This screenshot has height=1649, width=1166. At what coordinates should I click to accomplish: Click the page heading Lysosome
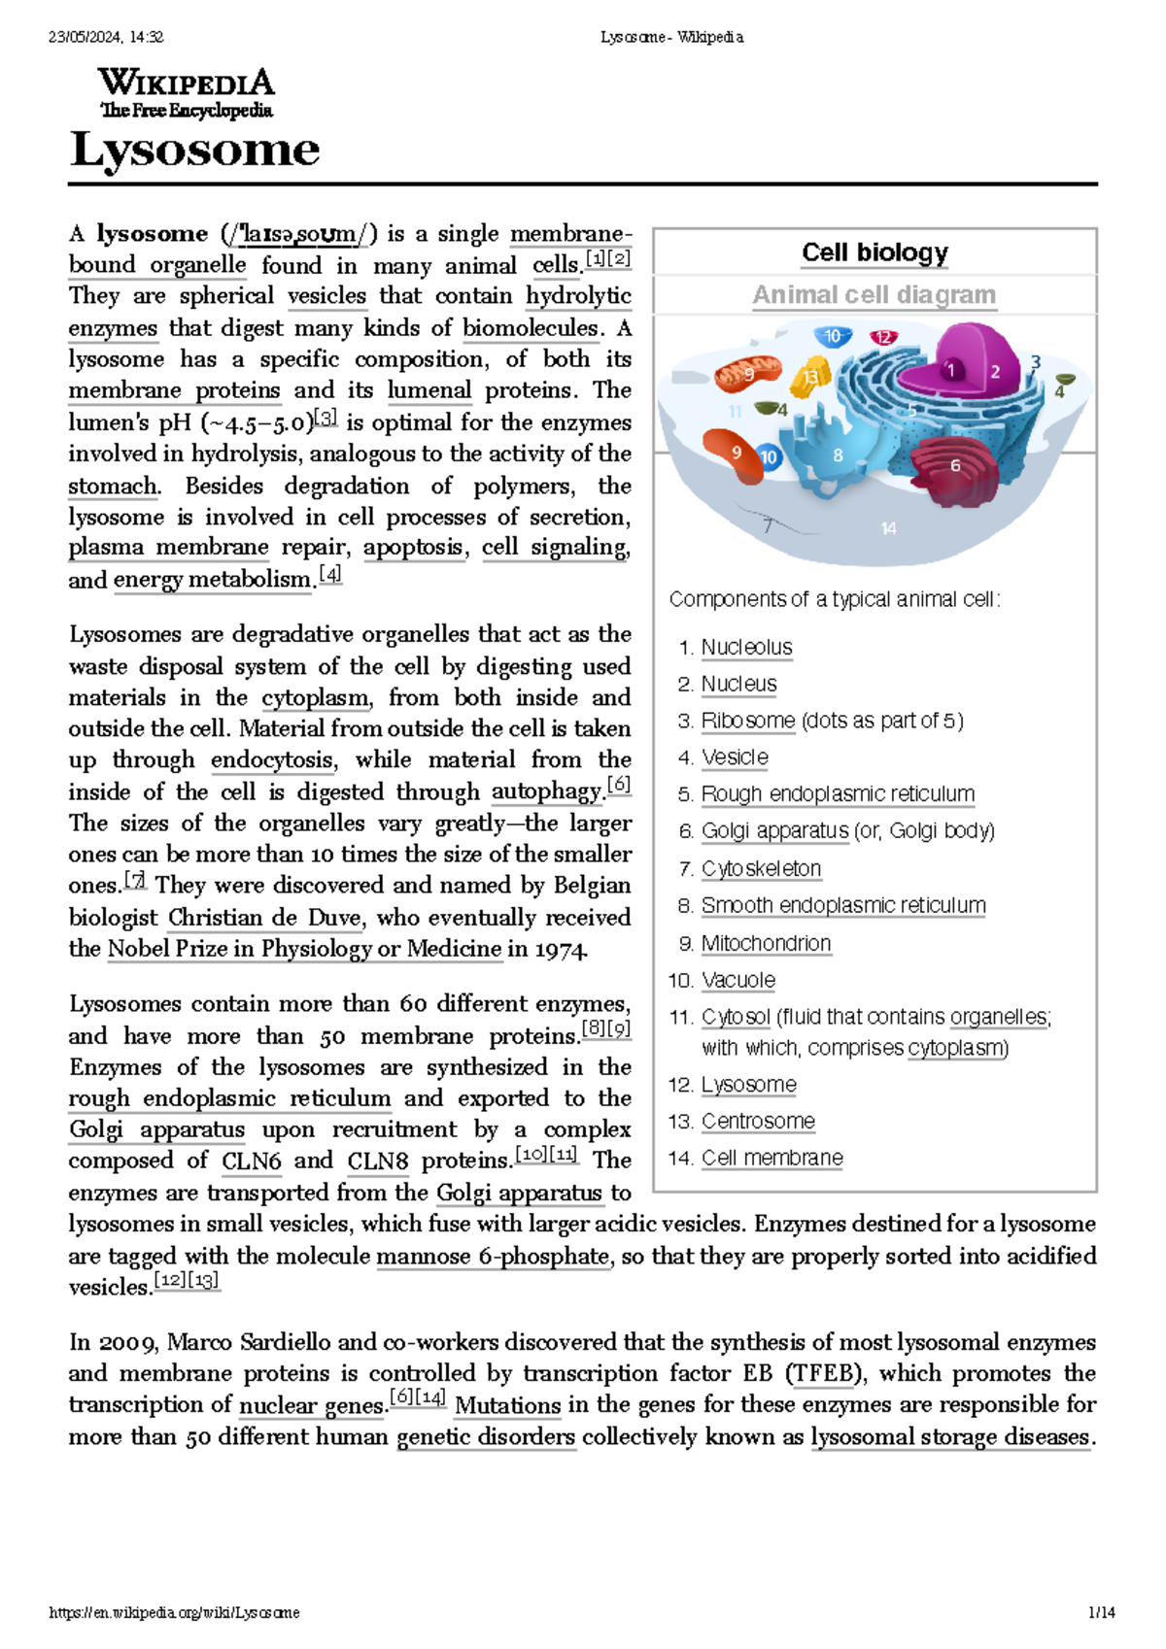[x=194, y=150]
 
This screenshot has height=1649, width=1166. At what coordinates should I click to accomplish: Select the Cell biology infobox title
[x=874, y=252]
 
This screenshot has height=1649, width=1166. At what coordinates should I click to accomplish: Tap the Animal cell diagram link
[x=874, y=294]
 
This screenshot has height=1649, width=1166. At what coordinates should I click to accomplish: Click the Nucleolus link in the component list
[x=746, y=648]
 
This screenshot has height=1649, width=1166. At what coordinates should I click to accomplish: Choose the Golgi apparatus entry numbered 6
[x=774, y=831]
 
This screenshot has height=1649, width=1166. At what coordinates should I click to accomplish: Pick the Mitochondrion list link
[x=766, y=944]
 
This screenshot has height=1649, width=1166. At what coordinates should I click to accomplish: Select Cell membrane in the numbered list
[x=772, y=1159]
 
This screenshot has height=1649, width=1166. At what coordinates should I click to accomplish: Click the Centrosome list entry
[x=758, y=1122]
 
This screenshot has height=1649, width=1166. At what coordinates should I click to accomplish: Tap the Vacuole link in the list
[x=737, y=981]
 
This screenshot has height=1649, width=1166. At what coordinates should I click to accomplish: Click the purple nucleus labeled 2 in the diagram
[x=994, y=370]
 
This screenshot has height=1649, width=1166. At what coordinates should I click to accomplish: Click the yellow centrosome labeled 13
[x=808, y=378]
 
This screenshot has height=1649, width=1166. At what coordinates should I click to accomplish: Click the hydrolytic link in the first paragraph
[x=578, y=296]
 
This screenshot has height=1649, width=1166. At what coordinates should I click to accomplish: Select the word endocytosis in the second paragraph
[x=273, y=760]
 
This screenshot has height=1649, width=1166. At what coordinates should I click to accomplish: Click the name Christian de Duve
[x=264, y=918]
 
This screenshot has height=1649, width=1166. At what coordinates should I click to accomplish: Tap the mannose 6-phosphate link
[x=493, y=1257]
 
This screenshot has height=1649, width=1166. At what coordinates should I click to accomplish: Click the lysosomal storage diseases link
[x=950, y=1437]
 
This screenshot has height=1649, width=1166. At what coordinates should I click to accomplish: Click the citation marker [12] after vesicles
[x=171, y=1281]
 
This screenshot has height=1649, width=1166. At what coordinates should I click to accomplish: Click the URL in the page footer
[x=174, y=1613]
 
